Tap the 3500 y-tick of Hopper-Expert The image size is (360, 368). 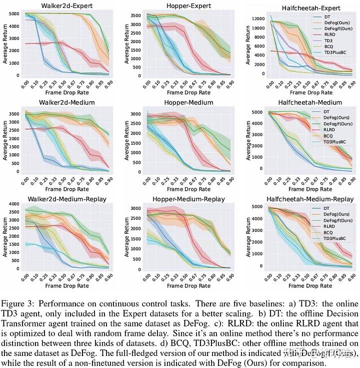136,16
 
